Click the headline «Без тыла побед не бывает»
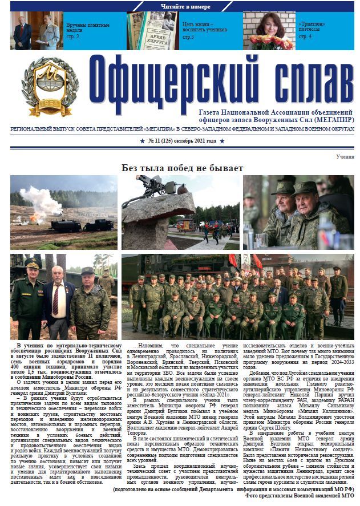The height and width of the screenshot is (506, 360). coord(182,168)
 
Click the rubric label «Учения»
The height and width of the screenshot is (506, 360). coord(345,156)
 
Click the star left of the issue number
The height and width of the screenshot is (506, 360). coord(143,140)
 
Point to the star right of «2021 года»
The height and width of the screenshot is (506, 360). coord(222,140)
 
